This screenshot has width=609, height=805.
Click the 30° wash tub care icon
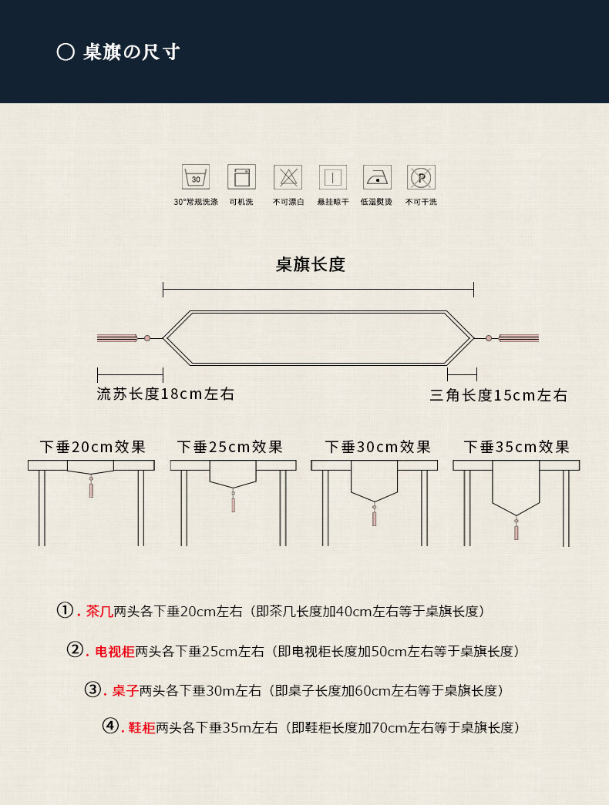[x=196, y=177]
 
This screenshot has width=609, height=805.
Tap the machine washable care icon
[x=241, y=177]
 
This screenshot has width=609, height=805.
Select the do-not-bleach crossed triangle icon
[x=288, y=177]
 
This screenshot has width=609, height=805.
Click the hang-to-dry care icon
[x=333, y=177]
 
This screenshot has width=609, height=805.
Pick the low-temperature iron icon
[x=377, y=177]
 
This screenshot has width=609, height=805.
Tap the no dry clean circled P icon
[x=422, y=177]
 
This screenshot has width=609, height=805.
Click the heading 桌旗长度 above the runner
[x=311, y=264]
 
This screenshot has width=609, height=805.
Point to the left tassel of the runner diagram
[x=117, y=338]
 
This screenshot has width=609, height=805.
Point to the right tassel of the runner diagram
[x=519, y=338]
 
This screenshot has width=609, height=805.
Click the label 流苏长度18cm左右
[x=166, y=394]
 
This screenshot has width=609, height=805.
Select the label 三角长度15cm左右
[x=499, y=395]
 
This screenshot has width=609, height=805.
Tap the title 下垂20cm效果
[x=93, y=447]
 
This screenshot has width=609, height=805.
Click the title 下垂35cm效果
[x=516, y=447]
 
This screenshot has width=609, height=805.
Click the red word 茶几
[x=99, y=611]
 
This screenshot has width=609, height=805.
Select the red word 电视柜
[x=115, y=651]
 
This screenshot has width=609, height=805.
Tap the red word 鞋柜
[x=142, y=727]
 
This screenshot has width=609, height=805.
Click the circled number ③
[x=93, y=689]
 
